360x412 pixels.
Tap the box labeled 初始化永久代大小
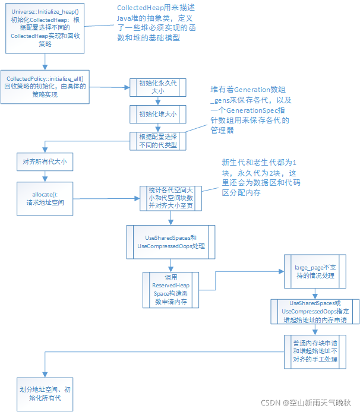[157, 88]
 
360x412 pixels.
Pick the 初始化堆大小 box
[157, 113]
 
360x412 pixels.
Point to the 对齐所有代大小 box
[45, 161]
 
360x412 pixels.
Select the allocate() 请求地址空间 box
[45, 198]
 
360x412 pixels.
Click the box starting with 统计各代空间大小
[170, 198]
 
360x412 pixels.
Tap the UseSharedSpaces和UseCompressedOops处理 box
[170, 242]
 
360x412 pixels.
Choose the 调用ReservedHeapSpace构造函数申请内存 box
[170, 290]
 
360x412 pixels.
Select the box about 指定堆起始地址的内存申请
[315, 311]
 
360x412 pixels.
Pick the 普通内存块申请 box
[315, 351]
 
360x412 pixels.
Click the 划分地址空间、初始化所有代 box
[45, 394]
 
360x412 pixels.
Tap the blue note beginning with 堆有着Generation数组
[250, 109]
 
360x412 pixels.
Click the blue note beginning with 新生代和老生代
[262, 177]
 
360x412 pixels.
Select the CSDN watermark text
[306, 402]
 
